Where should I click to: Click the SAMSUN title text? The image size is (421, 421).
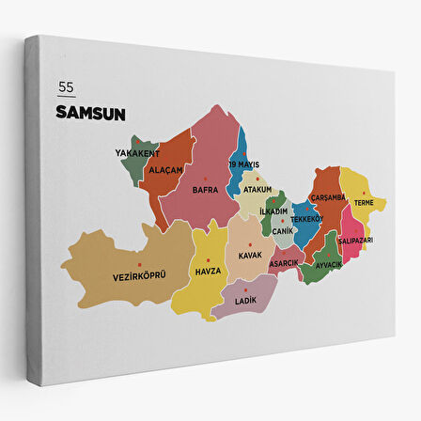click(91, 113)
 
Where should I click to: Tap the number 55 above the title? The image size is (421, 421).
click(66, 88)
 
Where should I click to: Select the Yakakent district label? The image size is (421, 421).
click(137, 152)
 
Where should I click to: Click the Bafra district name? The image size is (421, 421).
click(205, 189)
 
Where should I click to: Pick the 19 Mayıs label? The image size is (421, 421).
click(244, 164)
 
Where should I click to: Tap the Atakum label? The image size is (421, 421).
click(257, 189)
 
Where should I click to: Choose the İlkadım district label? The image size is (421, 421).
click(273, 211)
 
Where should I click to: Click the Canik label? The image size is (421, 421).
click(283, 230)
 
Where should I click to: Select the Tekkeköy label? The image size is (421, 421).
click(307, 218)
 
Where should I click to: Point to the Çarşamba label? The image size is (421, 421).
click(329, 197)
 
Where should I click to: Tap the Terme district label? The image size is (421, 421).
click(364, 202)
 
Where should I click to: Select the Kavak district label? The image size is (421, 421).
click(250, 255)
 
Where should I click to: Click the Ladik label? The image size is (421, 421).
click(246, 300)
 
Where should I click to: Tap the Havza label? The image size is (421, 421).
click(208, 271)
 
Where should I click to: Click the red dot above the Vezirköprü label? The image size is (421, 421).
click(140, 265)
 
